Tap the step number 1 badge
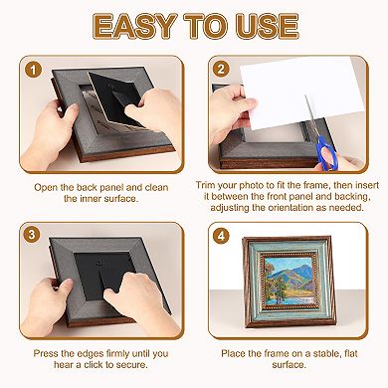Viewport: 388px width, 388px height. pos(35,71)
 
